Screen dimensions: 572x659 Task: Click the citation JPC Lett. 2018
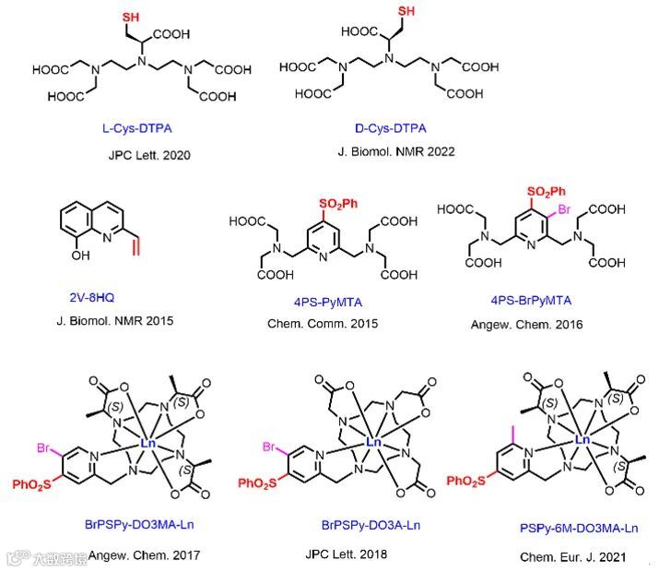coord(346,554)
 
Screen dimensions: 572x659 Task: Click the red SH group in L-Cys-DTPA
coord(132,16)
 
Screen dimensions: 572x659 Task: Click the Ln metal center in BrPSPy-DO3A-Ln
coord(374,442)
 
